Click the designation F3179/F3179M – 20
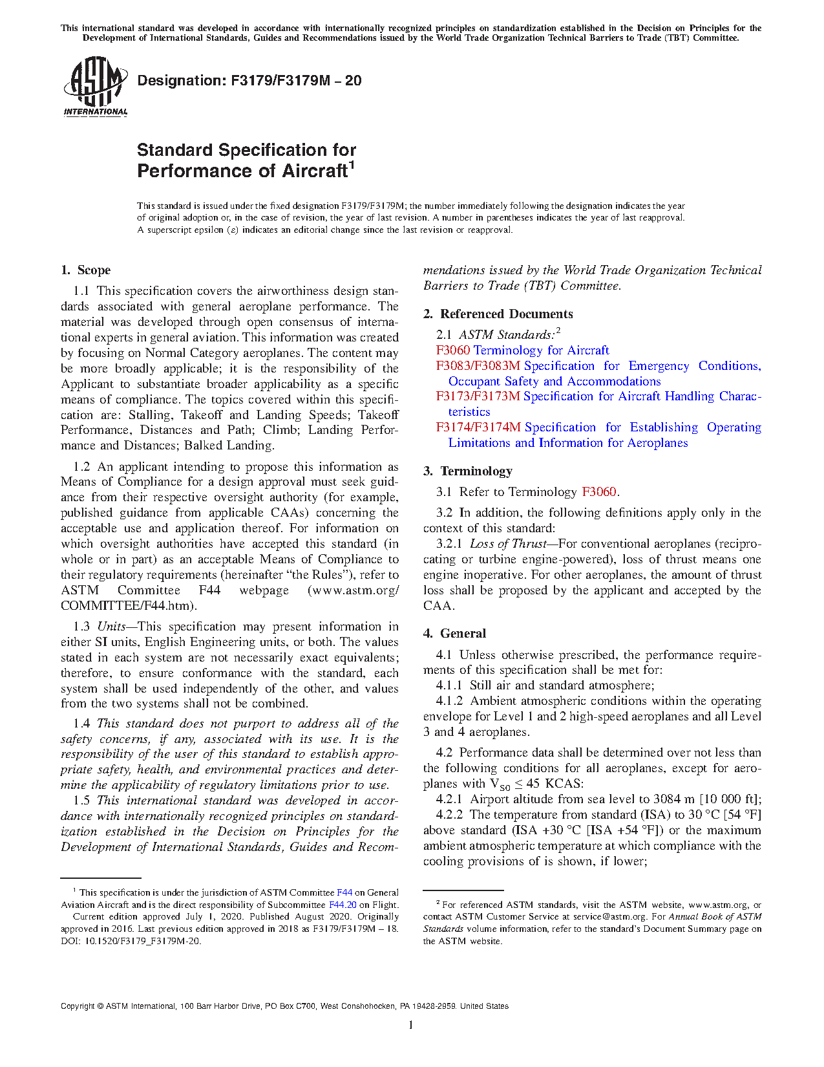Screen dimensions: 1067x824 [249, 81]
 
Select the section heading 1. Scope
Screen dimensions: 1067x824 [85, 270]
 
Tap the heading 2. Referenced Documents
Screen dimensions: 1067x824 [498, 314]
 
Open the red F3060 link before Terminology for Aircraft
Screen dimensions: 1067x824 [453, 350]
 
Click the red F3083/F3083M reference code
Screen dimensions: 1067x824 [478, 366]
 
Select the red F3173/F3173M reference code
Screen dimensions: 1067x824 [478, 396]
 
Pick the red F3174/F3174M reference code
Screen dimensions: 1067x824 [478, 427]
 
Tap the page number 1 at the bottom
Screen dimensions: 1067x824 [411, 1024]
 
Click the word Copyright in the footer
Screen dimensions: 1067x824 [78, 1006]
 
